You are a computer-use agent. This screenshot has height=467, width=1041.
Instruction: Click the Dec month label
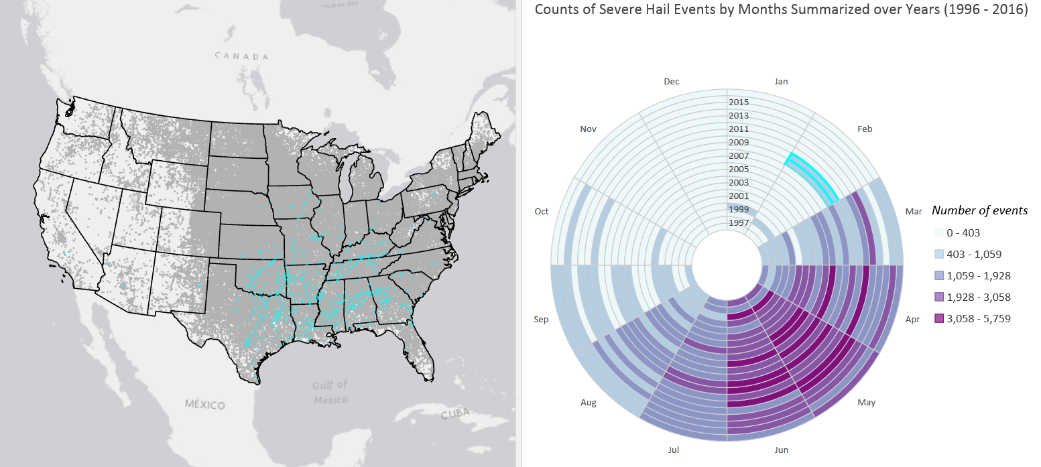tap(671, 82)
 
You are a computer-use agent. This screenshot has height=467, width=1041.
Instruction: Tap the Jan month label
tap(781, 82)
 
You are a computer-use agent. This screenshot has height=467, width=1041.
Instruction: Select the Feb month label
tap(865, 129)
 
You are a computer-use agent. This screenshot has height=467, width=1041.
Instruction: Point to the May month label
tap(866, 403)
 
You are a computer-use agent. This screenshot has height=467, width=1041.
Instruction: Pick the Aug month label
tap(588, 403)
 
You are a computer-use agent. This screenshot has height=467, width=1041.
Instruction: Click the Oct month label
tap(542, 212)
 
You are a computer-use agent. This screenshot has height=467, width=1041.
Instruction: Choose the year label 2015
tap(738, 103)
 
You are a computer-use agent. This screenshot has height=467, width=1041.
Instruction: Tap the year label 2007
tap(738, 156)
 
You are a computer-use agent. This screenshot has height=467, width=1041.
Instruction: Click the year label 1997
tap(738, 222)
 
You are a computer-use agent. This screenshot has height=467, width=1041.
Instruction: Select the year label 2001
tap(738, 196)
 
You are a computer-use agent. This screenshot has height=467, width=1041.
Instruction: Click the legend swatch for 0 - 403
tap(939, 233)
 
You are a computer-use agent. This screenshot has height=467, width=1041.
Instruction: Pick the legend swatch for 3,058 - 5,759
tap(939, 319)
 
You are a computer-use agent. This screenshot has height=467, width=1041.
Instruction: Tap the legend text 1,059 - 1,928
tap(979, 276)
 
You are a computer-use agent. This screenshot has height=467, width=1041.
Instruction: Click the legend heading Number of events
tap(979, 210)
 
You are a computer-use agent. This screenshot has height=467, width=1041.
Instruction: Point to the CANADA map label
tap(242, 56)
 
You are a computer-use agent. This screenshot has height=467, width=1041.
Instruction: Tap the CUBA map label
tap(456, 414)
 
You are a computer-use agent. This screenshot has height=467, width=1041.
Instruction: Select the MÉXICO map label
tap(205, 405)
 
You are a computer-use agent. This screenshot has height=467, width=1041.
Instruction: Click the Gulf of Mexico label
tap(330, 392)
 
